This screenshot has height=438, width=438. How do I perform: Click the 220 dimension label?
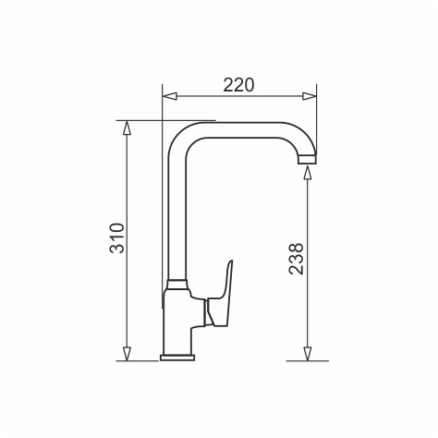(x=238, y=85)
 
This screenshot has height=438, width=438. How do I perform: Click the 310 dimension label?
(x=117, y=237)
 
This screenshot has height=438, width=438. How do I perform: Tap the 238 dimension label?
(x=297, y=259)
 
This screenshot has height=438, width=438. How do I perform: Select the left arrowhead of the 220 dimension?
(x=170, y=96)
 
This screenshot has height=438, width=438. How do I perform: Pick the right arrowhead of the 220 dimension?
(x=309, y=96)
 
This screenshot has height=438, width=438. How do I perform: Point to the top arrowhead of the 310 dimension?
(x=127, y=128)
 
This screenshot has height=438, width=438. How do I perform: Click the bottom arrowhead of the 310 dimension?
(x=127, y=354)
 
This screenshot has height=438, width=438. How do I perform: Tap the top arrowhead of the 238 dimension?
(x=307, y=173)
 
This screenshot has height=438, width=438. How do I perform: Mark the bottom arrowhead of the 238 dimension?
(x=307, y=354)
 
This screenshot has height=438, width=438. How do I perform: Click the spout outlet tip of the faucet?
(x=307, y=159)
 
